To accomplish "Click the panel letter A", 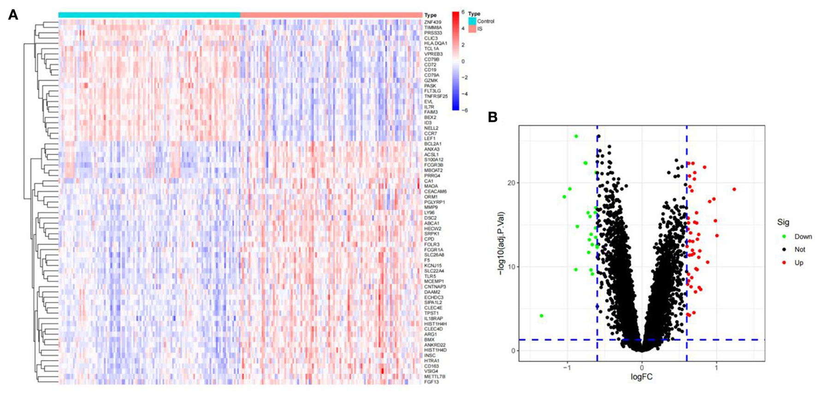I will click(x=13, y=15).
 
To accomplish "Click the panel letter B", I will click(x=492, y=117).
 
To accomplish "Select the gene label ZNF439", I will click(x=432, y=22).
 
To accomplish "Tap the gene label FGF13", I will click(x=432, y=382).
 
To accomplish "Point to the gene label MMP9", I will click(x=431, y=208).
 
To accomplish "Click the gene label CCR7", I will click(x=431, y=133).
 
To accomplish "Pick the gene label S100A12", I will click(x=434, y=160).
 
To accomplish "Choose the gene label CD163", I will click(x=431, y=366).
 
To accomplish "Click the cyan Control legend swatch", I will click(x=472, y=21).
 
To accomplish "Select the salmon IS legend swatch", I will click(x=472, y=29).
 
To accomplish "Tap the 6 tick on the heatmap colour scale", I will click(x=463, y=12).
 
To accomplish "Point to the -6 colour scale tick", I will click(x=464, y=110).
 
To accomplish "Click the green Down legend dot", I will click(x=784, y=237).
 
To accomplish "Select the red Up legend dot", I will click(x=784, y=262).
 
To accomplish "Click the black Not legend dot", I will click(x=784, y=250).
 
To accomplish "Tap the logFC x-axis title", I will click(x=641, y=377).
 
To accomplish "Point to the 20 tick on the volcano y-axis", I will click(x=511, y=183).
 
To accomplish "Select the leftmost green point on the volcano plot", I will click(x=542, y=316).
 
